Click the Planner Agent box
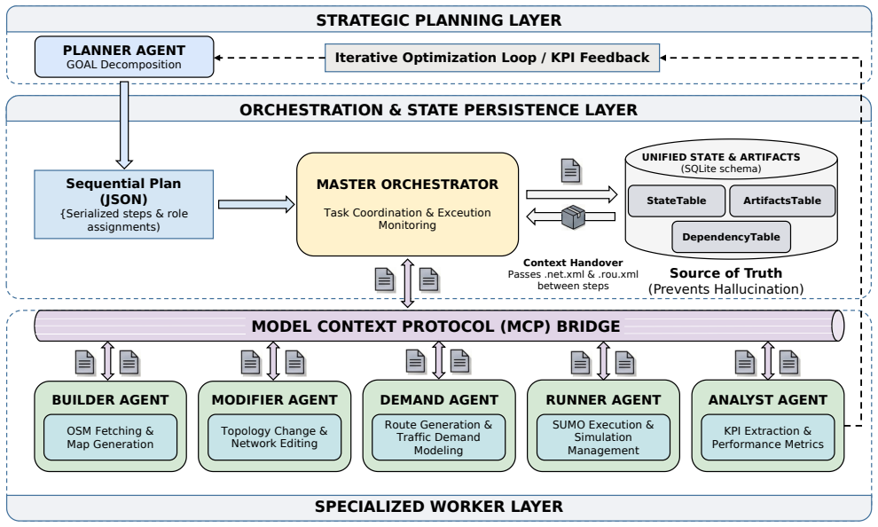pyautogui.click(x=124, y=57)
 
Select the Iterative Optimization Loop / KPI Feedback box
pyautogui.click(x=492, y=58)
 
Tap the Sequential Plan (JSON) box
pyautogui.click(x=124, y=204)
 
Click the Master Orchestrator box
pyautogui.click(x=407, y=204)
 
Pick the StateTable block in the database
pyautogui.click(x=677, y=201)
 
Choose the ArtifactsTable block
pyautogui.click(x=781, y=201)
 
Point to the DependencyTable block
pyautogui.click(x=731, y=237)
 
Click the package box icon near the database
pyautogui.click(x=573, y=217)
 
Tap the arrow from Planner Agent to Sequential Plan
pyautogui.click(x=124, y=125)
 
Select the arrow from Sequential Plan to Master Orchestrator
pyautogui.click(x=256, y=204)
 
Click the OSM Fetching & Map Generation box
pyautogui.click(x=110, y=437)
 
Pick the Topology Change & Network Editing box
pyautogui.click(x=274, y=437)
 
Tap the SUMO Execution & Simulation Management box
pyautogui.click(x=603, y=437)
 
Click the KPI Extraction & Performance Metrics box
pyautogui.click(x=768, y=437)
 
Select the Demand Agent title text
pyautogui.click(x=439, y=400)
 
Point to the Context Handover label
pyautogui.click(x=573, y=263)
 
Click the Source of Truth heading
pyautogui.click(x=725, y=273)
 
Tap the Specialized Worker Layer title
pyautogui.click(x=439, y=507)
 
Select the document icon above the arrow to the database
pyautogui.click(x=570, y=171)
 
